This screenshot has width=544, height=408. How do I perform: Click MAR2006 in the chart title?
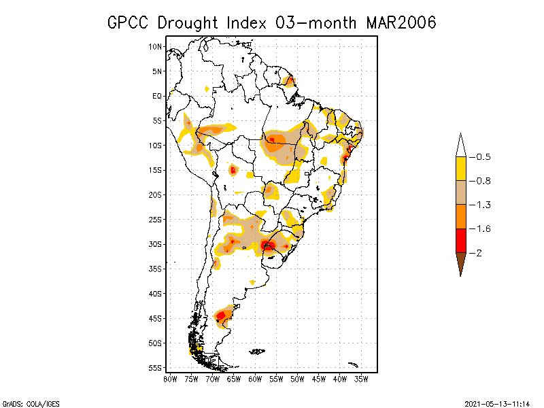tap(401, 22)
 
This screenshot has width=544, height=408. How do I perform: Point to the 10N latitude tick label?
tap(156, 47)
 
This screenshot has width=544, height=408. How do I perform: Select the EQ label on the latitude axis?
tap(157, 96)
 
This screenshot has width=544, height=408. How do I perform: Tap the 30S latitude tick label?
tap(156, 244)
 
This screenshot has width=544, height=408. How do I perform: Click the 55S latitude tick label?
tap(156, 368)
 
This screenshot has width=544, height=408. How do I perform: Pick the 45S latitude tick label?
tap(156, 318)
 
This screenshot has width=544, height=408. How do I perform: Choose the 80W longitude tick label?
tap(170, 379)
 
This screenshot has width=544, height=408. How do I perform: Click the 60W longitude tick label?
tap(255, 379)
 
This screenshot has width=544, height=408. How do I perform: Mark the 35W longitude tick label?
tap(361, 379)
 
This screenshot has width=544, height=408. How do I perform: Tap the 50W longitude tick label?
tap(297, 379)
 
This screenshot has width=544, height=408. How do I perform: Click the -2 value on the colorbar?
tap(479, 253)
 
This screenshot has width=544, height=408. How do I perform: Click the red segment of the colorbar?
tap(461, 241)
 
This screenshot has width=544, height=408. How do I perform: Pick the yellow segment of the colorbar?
tap(461, 169)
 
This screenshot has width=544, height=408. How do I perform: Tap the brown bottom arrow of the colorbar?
tap(461, 262)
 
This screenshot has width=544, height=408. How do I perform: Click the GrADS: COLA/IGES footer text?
tap(31, 403)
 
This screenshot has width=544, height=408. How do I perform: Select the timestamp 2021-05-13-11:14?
tap(497, 403)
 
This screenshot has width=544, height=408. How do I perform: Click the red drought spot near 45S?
tap(220, 315)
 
